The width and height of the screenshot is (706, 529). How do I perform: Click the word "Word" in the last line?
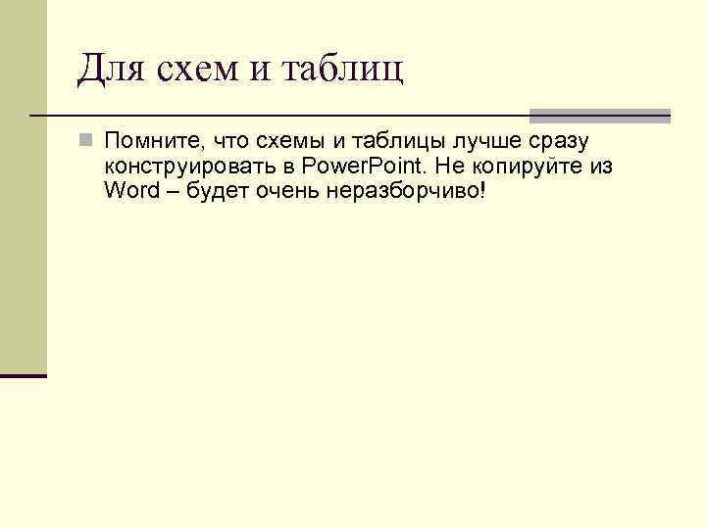pos(130,189)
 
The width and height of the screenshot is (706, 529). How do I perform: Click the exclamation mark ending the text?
pos(482,189)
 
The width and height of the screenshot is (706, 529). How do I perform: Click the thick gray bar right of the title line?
pos(599,116)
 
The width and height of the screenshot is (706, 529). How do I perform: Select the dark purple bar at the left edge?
pos(24,375)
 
